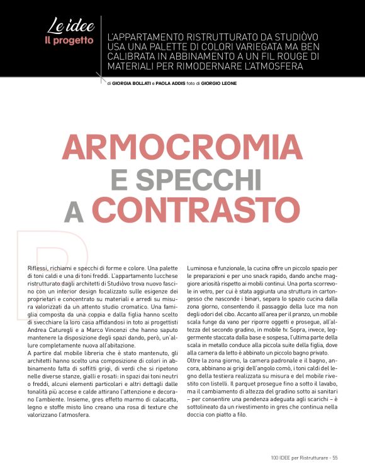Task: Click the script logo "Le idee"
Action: point(70,27)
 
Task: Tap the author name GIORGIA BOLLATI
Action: point(131,83)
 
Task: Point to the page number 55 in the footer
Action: point(335,457)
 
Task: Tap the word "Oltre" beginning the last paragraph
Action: point(196,360)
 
